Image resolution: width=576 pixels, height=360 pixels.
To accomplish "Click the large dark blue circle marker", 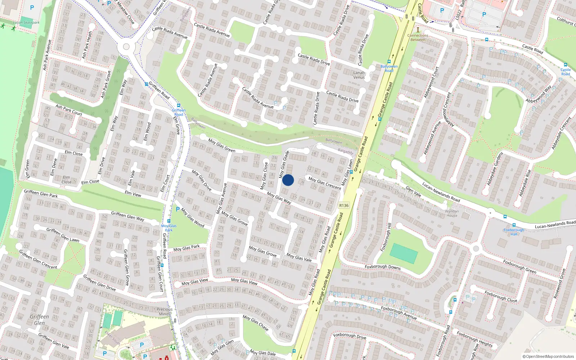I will click(x=288, y=180).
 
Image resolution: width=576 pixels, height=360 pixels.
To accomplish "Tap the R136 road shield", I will click(x=344, y=205).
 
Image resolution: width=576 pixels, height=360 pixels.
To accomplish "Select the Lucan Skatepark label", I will click(x=26, y=23).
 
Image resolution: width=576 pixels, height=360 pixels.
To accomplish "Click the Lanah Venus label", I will click(x=359, y=75).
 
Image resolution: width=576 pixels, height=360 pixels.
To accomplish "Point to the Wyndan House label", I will click(x=452, y=213).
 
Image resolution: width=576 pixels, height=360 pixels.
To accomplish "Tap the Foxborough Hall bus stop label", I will click(x=514, y=232).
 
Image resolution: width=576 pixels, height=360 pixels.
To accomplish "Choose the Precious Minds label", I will click(x=165, y=311).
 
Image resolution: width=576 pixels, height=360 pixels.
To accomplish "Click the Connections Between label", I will click(x=418, y=37).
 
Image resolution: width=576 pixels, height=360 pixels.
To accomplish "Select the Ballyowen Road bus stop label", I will click(x=389, y=68).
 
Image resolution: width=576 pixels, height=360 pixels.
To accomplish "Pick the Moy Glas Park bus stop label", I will click(x=168, y=228).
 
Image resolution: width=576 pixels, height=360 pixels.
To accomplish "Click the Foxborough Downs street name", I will click(x=383, y=267).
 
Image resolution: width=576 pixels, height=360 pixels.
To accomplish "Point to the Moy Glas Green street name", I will click(x=222, y=145).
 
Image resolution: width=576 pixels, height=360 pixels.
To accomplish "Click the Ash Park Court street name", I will click(x=69, y=110).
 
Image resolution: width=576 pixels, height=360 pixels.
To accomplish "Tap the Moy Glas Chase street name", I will click(x=256, y=323).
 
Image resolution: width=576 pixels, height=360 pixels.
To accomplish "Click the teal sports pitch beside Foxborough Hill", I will click(x=404, y=253).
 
